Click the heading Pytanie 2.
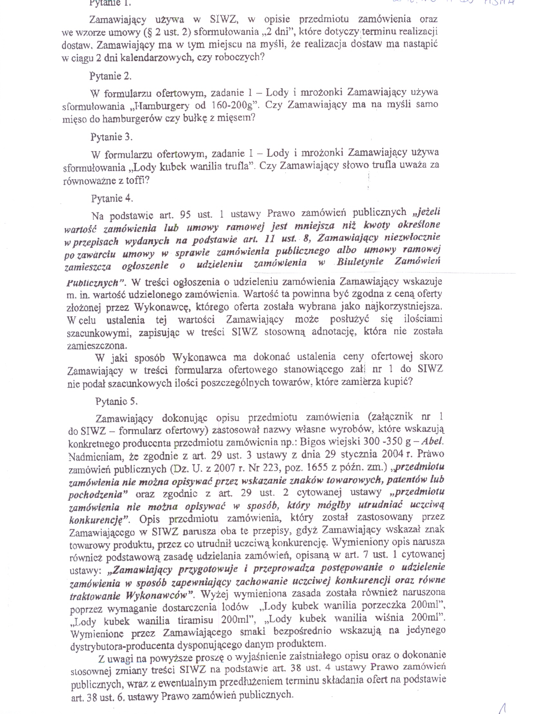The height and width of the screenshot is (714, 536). click(110, 76)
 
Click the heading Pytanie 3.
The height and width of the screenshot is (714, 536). click(111, 137)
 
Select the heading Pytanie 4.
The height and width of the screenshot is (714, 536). click(112, 198)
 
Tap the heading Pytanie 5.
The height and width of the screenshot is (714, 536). click(117, 401)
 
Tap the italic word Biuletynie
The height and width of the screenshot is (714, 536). click(360, 262)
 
